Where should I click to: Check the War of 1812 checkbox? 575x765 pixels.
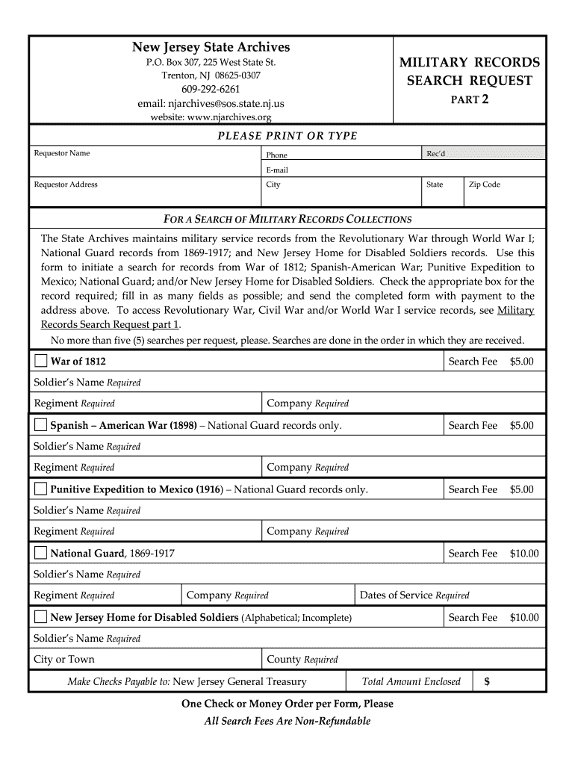click(x=40, y=362)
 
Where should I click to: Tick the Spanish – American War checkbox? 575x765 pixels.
click(x=40, y=426)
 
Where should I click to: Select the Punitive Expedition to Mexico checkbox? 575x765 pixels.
click(x=40, y=490)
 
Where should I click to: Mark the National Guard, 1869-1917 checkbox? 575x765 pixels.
click(x=40, y=554)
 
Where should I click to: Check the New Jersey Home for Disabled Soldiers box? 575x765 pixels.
click(x=40, y=618)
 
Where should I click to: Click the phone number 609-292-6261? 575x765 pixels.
click(x=211, y=90)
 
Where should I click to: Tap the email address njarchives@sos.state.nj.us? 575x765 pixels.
click(x=211, y=104)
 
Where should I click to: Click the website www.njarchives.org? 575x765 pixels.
click(x=211, y=117)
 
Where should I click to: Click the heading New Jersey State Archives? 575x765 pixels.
click(x=211, y=47)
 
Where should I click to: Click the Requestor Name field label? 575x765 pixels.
click(x=62, y=153)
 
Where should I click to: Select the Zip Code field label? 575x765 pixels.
click(x=484, y=185)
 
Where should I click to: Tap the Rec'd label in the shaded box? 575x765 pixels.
click(x=435, y=153)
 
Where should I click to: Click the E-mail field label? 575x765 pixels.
click(x=276, y=170)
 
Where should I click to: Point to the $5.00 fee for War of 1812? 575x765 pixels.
click(x=522, y=362)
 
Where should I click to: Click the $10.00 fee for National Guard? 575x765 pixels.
click(x=523, y=554)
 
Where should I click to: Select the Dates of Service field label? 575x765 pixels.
click(x=414, y=595)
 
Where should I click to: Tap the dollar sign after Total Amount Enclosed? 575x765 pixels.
click(x=487, y=681)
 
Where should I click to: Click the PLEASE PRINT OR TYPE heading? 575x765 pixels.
click(x=287, y=136)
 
